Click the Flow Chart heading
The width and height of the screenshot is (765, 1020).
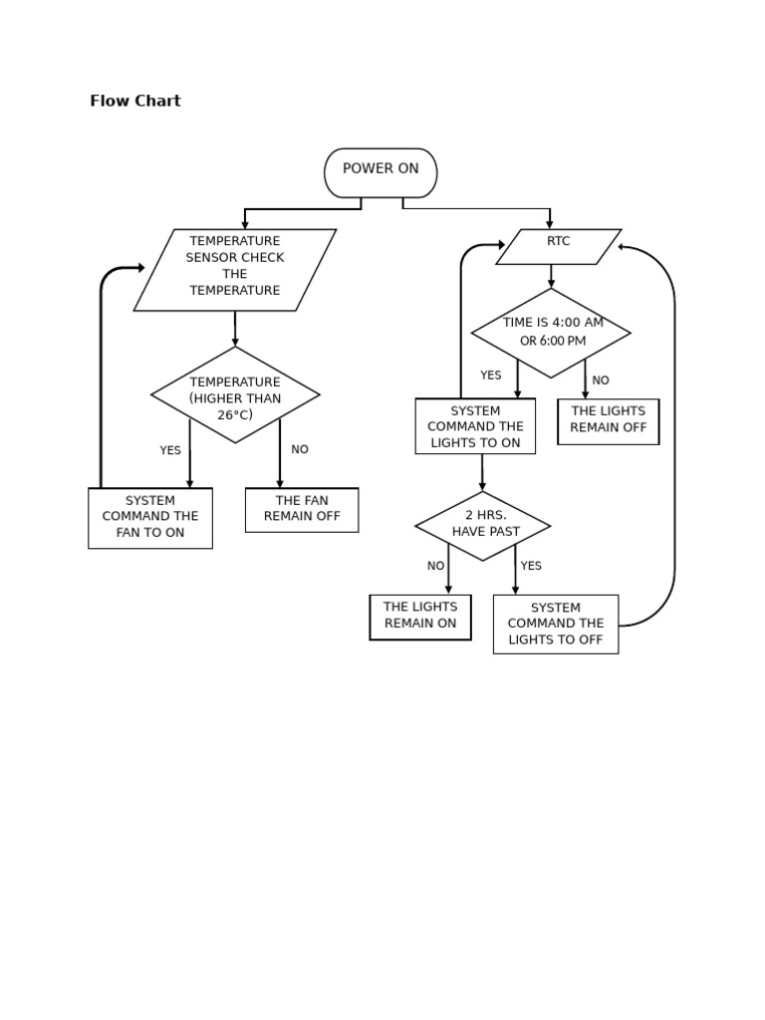(135, 101)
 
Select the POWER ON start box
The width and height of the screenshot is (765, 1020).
(381, 172)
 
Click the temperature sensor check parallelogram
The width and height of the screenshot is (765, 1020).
(235, 269)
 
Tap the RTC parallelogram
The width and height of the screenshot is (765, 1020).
(558, 246)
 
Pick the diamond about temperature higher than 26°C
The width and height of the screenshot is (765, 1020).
(235, 395)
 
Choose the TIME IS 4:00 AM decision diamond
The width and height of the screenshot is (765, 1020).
(551, 333)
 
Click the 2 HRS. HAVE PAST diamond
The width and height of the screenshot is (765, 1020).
(483, 525)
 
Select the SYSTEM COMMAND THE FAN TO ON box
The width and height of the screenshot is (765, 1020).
(150, 517)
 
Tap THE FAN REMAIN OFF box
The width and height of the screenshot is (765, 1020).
(301, 509)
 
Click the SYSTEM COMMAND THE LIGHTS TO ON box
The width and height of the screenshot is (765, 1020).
(475, 426)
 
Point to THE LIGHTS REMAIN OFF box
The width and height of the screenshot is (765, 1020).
(608, 420)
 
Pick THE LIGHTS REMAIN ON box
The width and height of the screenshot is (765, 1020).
(420, 617)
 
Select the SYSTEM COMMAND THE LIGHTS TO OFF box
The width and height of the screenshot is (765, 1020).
(555, 624)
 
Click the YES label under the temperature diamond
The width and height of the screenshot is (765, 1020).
(170, 450)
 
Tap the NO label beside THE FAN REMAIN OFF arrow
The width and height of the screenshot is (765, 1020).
(300, 449)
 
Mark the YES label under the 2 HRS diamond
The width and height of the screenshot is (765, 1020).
(531, 566)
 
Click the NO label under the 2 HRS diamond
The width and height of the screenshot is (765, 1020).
(435, 566)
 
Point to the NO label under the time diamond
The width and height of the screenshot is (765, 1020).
(601, 381)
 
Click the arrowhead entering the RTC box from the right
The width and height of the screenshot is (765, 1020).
(623, 247)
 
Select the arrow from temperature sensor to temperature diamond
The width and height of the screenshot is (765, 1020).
(235, 329)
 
